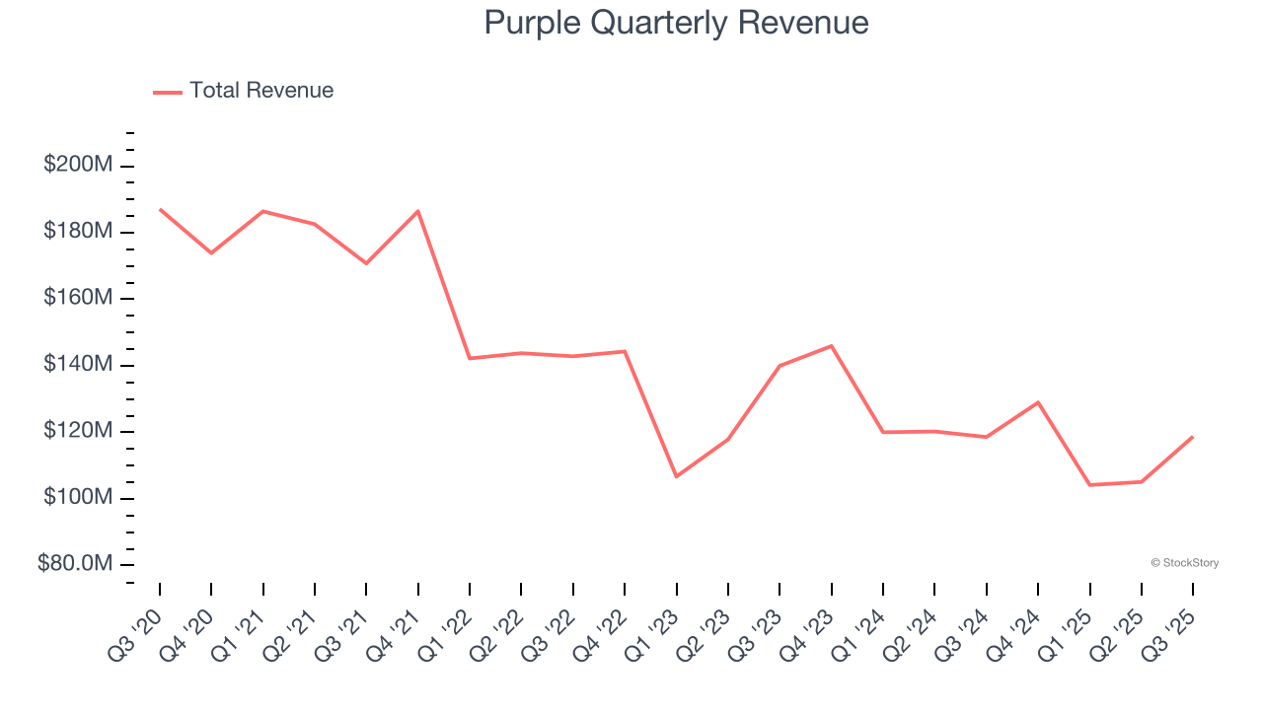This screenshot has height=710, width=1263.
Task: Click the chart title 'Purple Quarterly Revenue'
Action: click(676, 23)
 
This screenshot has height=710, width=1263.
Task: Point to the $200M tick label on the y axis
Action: click(78, 165)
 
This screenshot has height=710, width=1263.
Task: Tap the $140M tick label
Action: click(78, 364)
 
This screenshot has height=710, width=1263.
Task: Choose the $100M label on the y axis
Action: click(78, 497)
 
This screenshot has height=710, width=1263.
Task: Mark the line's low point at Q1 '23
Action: click(676, 476)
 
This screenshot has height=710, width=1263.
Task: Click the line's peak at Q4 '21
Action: click(418, 211)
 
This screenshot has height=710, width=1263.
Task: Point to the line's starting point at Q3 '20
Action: click(160, 209)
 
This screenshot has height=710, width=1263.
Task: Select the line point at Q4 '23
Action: click(831, 346)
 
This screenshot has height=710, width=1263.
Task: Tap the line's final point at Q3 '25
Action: click(1192, 437)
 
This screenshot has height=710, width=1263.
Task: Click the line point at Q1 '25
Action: click(1089, 484)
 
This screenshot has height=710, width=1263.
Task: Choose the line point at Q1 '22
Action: click(470, 358)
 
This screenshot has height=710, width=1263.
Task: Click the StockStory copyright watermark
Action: click(1184, 563)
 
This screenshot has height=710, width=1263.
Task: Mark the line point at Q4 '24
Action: click(1038, 402)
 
